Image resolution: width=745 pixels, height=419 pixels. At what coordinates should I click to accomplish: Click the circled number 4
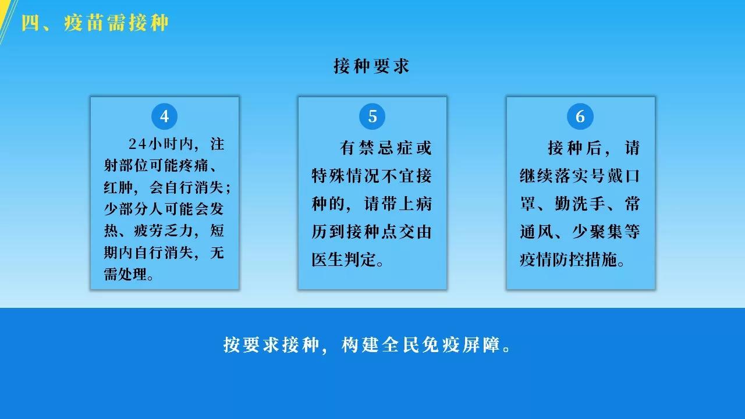(x=164, y=116)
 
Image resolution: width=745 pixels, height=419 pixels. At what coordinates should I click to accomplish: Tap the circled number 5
(x=372, y=116)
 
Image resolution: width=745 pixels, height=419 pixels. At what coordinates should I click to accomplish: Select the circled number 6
(x=580, y=116)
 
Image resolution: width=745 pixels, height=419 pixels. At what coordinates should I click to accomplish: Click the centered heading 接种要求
(x=371, y=66)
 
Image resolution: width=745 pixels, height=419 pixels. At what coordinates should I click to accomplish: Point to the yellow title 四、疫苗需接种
(x=95, y=23)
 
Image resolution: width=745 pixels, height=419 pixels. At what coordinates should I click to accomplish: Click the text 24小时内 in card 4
(x=161, y=144)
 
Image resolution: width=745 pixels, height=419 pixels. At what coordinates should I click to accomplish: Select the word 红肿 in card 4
(x=118, y=187)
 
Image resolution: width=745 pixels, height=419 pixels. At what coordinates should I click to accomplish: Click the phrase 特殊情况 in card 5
(x=346, y=176)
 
